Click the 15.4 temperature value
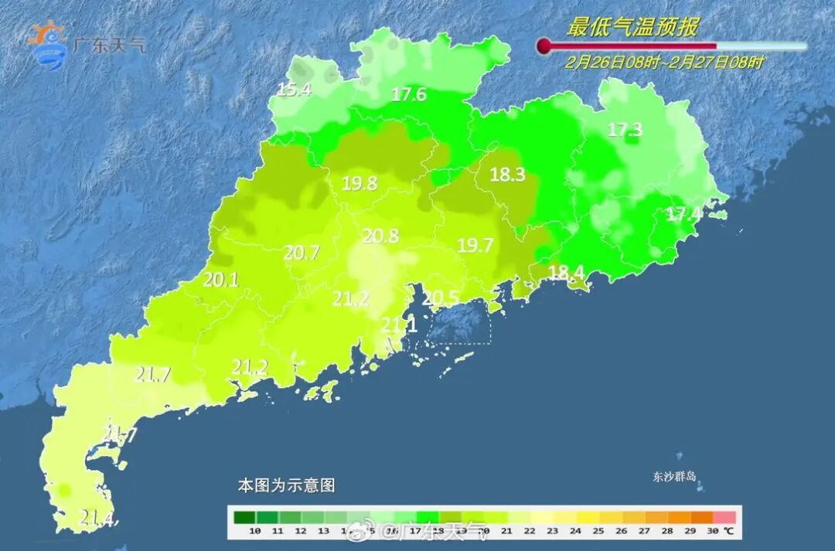[x=294, y=90]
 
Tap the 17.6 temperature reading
[x=409, y=95]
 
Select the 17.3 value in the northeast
[x=625, y=130]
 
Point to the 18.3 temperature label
[x=507, y=175]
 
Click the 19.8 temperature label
[x=360, y=184]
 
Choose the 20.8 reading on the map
[x=381, y=236]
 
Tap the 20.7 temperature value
[x=302, y=252]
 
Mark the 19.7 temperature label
[x=475, y=246]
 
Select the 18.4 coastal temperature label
[x=566, y=271]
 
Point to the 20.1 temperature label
[x=220, y=280]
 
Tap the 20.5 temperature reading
[x=441, y=297]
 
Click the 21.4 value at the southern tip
[x=98, y=519]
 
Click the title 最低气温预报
[x=632, y=28]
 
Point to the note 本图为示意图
[x=286, y=486]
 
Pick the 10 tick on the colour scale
[x=254, y=531]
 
